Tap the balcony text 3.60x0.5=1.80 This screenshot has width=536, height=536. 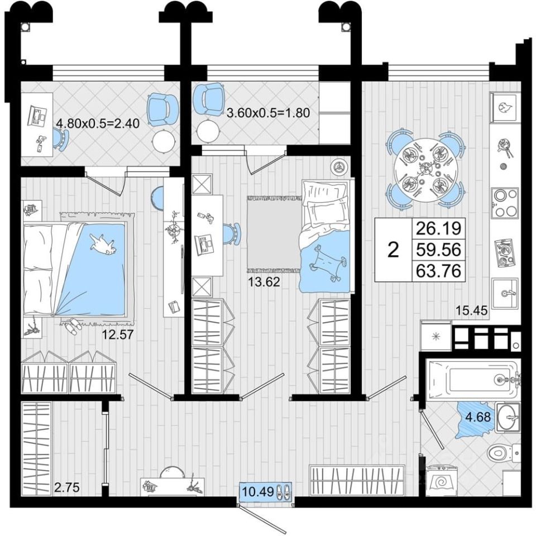(268, 112)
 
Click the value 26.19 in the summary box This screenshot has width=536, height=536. (437, 228)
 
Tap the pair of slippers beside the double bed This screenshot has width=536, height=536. (71, 326)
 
